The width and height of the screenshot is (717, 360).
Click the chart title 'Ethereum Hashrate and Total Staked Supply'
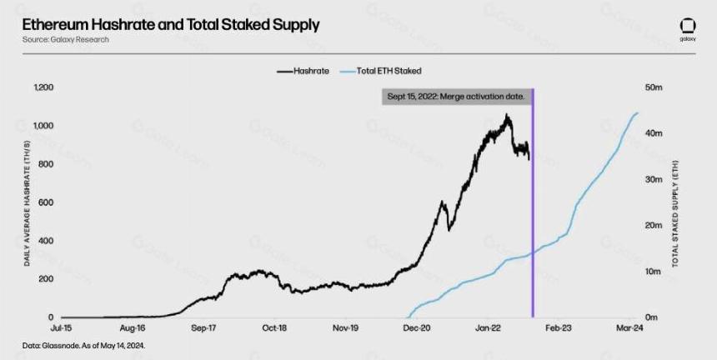pos(171,25)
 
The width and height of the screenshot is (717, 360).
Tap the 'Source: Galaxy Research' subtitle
pos(65,40)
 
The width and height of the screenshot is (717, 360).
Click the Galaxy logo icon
pos(688,26)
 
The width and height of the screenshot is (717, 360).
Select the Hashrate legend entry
pos(303,72)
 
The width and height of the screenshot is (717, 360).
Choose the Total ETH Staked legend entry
pos(381,72)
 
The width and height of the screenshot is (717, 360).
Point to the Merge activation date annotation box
pos(457,97)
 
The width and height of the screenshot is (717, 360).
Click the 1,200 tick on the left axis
pos(44,87)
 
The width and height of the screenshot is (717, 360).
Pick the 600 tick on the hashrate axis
pos(47,202)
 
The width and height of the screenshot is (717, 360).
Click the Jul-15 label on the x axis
pos(61,328)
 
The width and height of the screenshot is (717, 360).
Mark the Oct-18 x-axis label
pos(275,328)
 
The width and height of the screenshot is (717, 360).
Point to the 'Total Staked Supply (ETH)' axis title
pos(675,214)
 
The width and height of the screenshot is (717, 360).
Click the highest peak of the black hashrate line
pos(506,115)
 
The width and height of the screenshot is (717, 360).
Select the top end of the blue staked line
pos(638,112)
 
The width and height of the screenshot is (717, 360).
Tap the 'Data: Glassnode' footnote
pos(83,346)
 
